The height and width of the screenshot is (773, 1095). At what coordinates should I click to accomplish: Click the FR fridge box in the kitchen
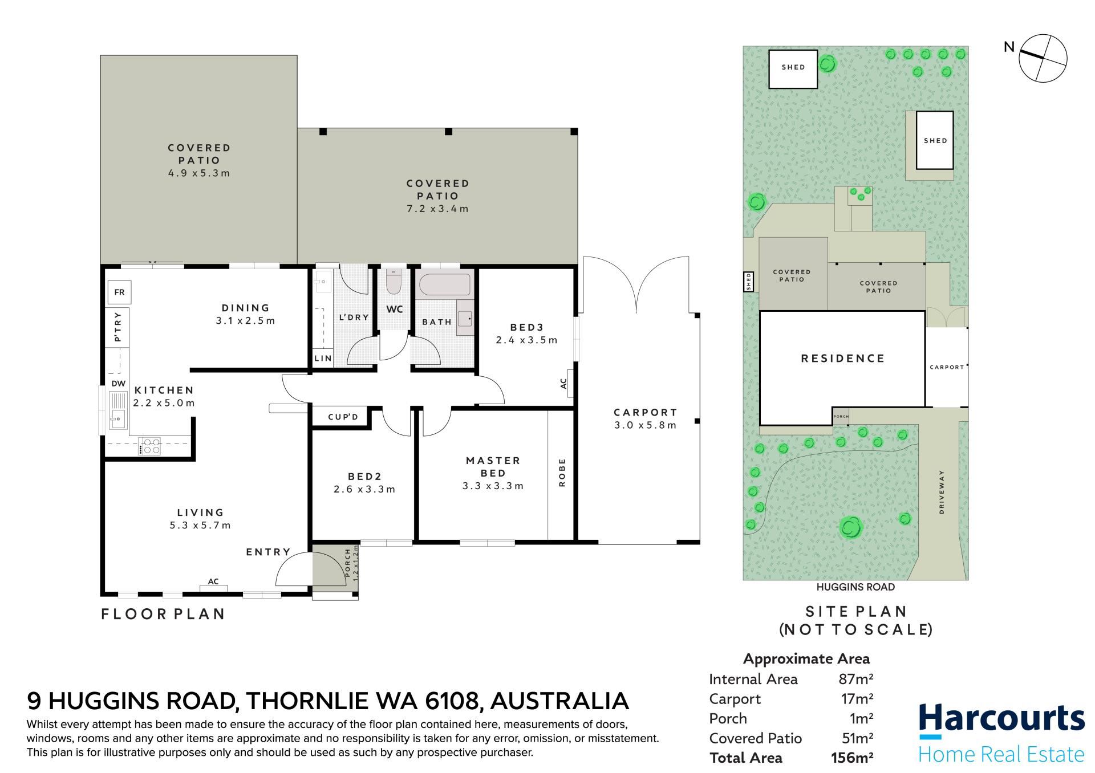click(x=119, y=292)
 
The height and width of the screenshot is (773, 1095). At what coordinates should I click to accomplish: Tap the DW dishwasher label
click(x=119, y=384)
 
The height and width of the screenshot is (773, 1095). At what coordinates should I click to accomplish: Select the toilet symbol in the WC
click(x=394, y=280)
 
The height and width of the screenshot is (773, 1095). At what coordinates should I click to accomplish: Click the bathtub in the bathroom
click(x=443, y=283)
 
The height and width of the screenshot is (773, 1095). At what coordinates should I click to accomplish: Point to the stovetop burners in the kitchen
click(x=152, y=446)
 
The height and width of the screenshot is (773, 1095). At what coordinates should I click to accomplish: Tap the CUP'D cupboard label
click(x=343, y=417)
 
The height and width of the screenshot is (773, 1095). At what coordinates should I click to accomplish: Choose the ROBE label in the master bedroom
click(x=562, y=473)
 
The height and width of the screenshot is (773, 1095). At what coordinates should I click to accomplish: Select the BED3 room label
click(x=527, y=327)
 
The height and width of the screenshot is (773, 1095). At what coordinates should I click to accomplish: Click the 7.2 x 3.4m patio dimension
click(x=437, y=209)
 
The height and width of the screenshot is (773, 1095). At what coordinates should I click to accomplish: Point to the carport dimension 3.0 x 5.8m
click(x=646, y=425)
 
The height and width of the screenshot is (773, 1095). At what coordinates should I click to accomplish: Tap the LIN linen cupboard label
click(x=323, y=359)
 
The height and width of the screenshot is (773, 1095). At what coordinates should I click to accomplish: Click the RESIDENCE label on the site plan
click(x=843, y=359)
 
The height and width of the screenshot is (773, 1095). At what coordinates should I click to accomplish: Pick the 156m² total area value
click(x=852, y=758)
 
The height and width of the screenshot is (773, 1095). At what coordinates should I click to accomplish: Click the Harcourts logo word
click(x=1002, y=719)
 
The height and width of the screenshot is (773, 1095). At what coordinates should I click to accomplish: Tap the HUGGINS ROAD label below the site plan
click(x=855, y=587)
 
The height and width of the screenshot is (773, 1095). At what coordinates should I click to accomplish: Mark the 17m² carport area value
click(x=857, y=699)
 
